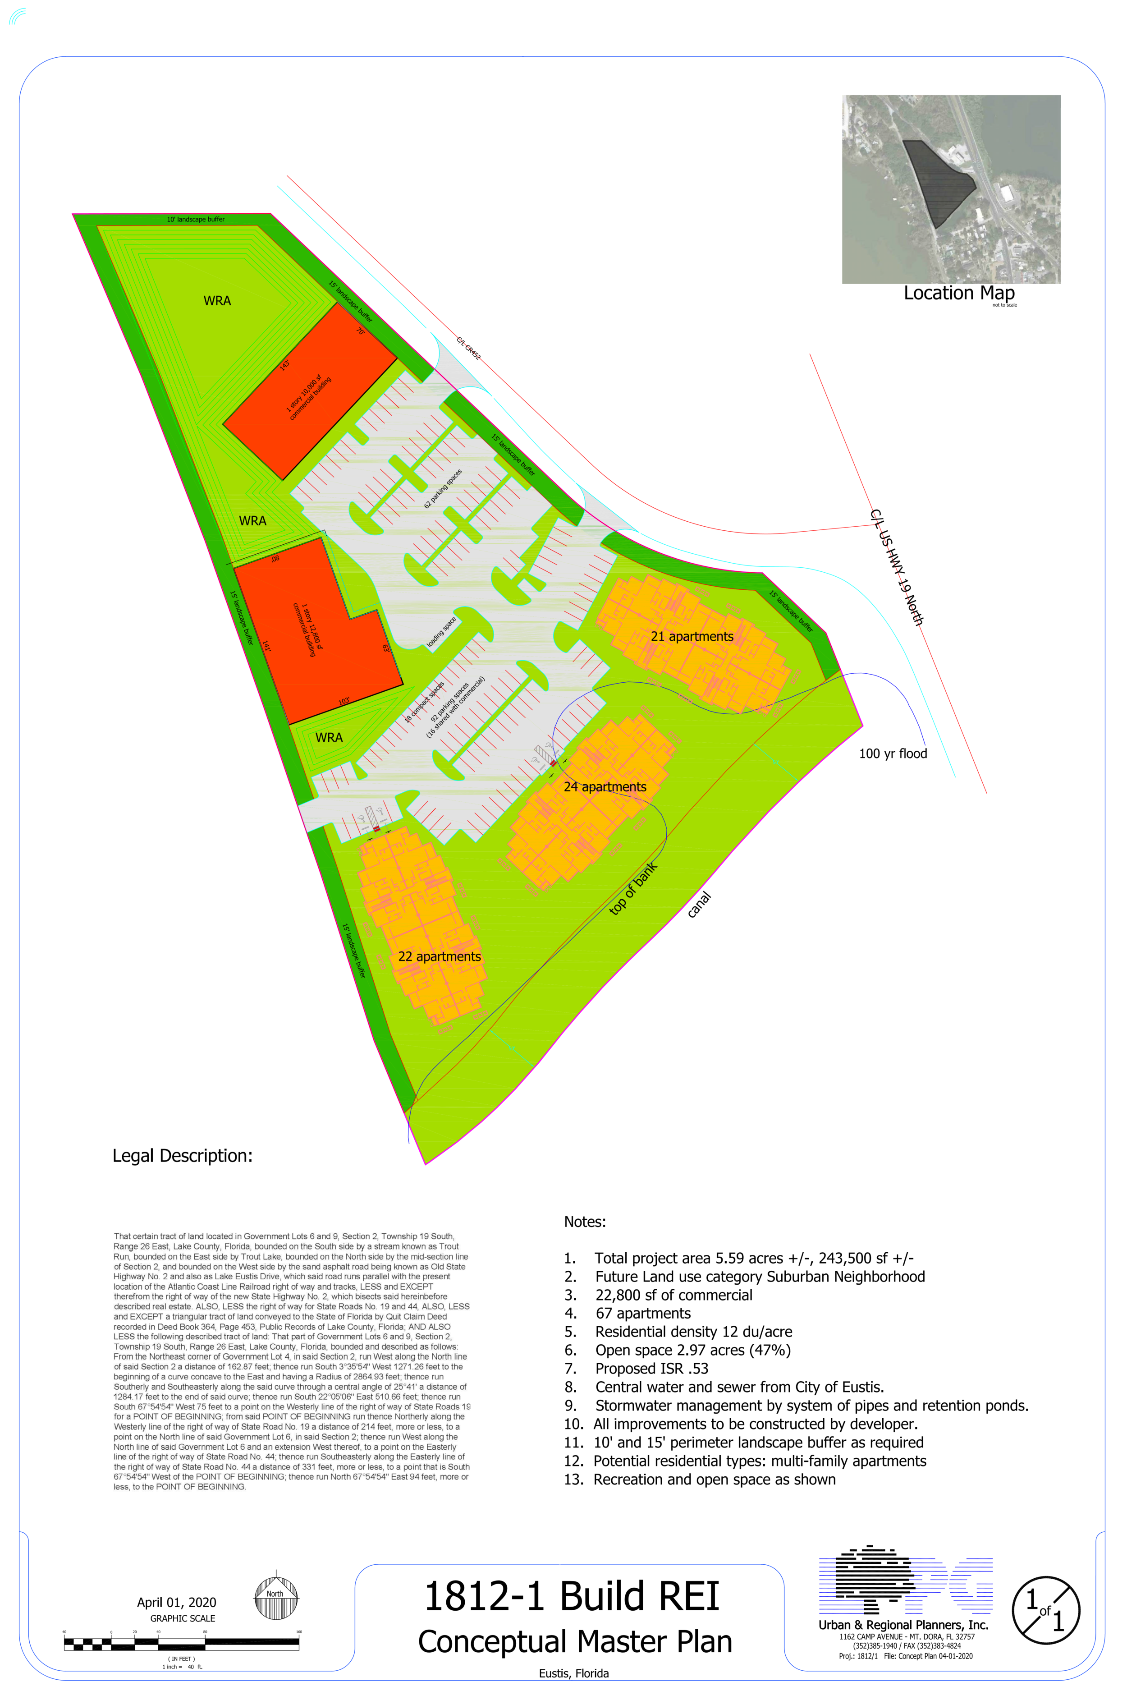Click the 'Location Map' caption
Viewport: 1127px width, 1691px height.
[959, 294]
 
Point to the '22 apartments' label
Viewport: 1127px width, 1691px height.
[439, 956]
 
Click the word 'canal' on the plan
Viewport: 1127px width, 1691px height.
[699, 905]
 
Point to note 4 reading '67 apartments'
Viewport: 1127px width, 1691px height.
[642, 1314]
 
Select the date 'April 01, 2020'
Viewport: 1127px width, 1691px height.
[177, 1603]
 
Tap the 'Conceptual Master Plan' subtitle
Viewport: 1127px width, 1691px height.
[575, 1642]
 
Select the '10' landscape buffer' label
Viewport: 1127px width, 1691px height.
[196, 219]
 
